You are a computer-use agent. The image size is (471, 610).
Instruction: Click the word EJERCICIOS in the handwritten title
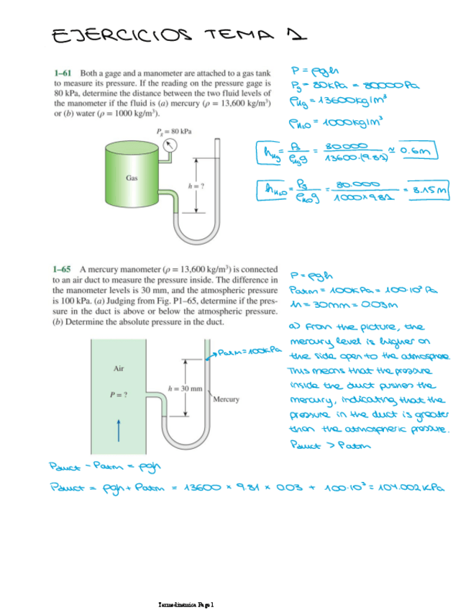119,34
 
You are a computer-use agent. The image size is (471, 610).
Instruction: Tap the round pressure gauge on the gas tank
170,147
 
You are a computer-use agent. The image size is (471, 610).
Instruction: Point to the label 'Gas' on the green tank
132,176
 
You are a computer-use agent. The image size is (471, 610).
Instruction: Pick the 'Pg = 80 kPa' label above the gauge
173,131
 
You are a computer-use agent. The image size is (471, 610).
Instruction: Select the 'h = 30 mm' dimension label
188,388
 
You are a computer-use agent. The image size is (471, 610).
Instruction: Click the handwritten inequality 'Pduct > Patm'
321,444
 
